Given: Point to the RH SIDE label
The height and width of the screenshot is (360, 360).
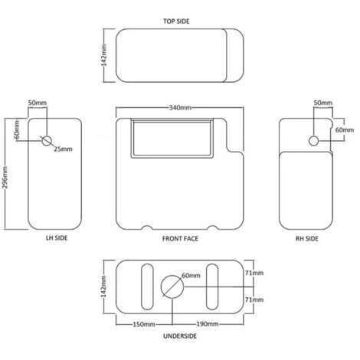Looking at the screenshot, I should click(308, 238).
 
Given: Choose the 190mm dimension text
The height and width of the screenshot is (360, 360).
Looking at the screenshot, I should click(207, 324).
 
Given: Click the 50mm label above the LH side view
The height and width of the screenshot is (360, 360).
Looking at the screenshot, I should click(36, 102).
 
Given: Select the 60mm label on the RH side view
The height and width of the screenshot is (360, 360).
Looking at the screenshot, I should click(344, 130).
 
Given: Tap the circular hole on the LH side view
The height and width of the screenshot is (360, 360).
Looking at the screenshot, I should click(46, 141).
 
